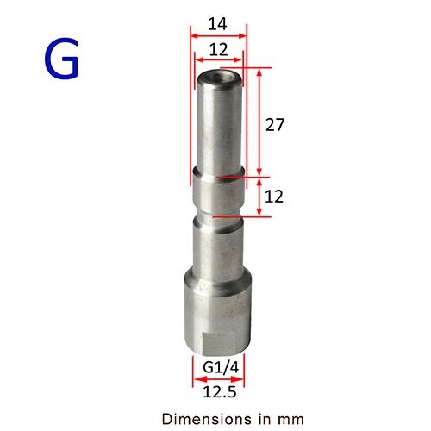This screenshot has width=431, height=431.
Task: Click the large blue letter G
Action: [61, 59]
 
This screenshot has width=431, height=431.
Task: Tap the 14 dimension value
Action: [217, 24]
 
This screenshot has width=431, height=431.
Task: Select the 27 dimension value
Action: [275, 125]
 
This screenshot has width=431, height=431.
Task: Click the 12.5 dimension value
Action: [220, 391]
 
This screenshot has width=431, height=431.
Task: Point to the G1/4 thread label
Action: [221, 367]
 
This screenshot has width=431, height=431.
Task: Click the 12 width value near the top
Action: [218, 50]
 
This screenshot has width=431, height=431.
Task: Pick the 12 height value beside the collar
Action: [274, 197]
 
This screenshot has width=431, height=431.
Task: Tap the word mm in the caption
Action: [290, 420]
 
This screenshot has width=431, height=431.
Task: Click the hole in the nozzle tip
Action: [220, 77]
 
